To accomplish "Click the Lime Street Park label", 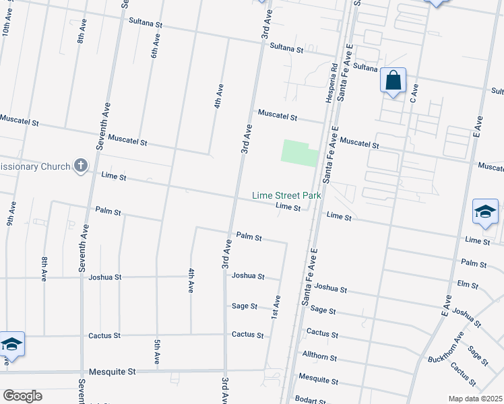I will pos(286,195).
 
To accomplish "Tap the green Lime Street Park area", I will pos(299,153).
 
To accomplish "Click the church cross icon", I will pos(80,166).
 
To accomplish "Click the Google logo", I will pos(22,396).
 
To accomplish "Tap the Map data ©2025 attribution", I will pos(476,399).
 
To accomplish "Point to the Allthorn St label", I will pos(319,357).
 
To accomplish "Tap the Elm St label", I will pos(468,284).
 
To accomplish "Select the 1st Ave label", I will pos(276,307).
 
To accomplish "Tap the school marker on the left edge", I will pos(11,345).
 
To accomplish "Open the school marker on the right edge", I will pos(485,213).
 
